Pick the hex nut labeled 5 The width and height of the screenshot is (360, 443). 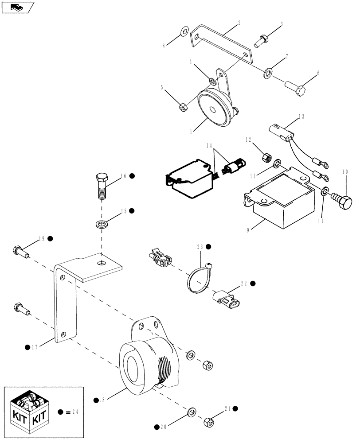coord(182,107)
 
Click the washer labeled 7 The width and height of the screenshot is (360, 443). coord(268,72)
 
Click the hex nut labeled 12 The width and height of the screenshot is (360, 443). coord(267,156)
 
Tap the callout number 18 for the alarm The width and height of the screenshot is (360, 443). coord(103,400)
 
